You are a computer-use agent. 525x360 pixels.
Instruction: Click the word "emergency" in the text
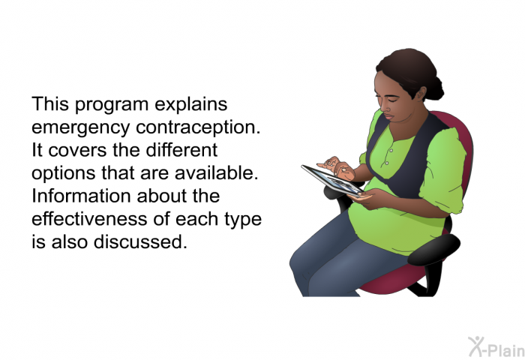(x=80, y=127)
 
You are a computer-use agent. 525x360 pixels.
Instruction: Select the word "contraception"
(x=198, y=127)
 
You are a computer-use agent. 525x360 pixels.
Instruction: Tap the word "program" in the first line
(x=112, y=104)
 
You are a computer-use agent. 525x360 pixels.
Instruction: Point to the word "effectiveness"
(x=89, y=219)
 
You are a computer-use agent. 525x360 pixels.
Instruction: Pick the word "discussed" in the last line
(x=140, y=241)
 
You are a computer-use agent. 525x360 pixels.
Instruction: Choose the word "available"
(x=216, y=172)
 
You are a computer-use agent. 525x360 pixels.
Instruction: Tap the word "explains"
(x=191, y=104)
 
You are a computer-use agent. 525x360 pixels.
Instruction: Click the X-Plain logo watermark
(x=496, y=346)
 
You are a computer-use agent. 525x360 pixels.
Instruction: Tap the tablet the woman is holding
(x=332, y=180)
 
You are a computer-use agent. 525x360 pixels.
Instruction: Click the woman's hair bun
(x=434, y=87)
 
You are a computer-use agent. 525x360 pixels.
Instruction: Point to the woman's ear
(x=420, y=93)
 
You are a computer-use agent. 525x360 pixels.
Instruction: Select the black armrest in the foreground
(x=433, y=250)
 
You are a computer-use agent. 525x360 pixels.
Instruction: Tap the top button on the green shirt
(x=391, y=151)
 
